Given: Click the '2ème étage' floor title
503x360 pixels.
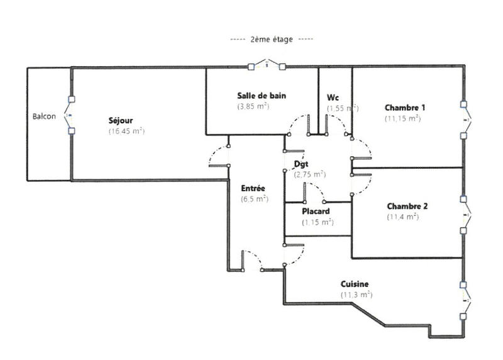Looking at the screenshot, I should click(271, 39).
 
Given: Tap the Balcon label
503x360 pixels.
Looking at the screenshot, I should click(44, 116).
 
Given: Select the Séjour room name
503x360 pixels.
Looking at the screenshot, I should click(120, 120).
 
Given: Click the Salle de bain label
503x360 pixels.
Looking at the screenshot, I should click(262, 96).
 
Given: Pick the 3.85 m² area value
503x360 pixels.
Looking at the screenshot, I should click(253, 106).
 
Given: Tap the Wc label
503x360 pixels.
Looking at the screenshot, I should click(333, 98).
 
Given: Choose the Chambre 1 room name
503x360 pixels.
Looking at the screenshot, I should click(405, 107).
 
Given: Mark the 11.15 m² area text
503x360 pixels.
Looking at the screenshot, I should click(402, 118).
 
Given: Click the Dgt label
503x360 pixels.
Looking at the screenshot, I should click(301, 164).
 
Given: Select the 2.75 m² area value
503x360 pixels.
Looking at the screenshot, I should click(310, 174).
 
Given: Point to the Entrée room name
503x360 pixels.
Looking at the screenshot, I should click(253, 188).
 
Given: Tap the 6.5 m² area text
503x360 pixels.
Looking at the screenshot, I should click(255, 198).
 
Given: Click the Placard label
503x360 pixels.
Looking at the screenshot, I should click(316, 211).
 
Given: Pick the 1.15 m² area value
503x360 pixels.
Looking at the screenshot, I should click(317, 222).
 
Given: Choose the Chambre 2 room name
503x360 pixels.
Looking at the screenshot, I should click(407, 206).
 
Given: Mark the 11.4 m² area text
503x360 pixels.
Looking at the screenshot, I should click(402, 217).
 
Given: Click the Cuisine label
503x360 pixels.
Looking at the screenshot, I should click(355, 284).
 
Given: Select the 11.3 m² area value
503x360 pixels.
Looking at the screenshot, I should click(357, 295).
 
